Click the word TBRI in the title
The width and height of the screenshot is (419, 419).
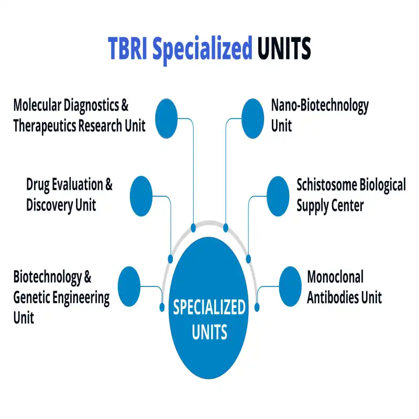pyautogui.click(x=127, y=49)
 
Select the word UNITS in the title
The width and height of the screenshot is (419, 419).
pyautogui.click(x=284, y=49)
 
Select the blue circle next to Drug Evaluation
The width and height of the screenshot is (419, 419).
pyautogui.click(x=140, y=196)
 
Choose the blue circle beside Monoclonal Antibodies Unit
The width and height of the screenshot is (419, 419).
pyautogui.click(x=290, y=286)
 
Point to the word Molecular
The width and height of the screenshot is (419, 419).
pyautogui.click(x=37, y=105)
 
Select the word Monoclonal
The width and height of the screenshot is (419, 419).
pyautogui.click(x=335, y=276)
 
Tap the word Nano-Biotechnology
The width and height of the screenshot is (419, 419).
pyautogui.click(x=319, y=105)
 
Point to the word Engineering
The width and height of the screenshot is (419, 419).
pyautogui.click(x=78, y=297)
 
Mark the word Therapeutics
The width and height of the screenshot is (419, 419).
pyautogui.click(x=44, y=126)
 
